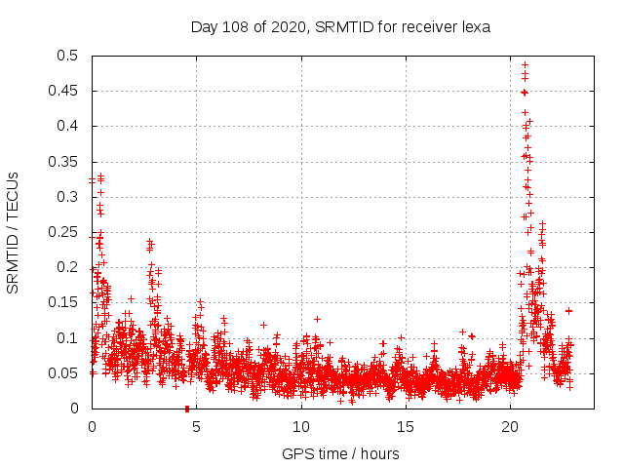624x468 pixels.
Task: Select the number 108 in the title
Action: tap(234, 26)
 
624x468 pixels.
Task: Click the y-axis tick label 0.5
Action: tap(69, 56)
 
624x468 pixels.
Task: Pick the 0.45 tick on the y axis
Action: tap(65, 91)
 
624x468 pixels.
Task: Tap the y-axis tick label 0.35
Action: tap(65, 162)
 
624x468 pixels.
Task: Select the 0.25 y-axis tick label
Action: tap(65, 232)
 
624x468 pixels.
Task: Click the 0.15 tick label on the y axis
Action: tap(65, 303)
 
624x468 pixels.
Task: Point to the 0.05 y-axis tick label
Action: tap(65, 373)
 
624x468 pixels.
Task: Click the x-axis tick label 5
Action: tap(196, 426)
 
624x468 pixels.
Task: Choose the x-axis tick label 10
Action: tap(301, 426)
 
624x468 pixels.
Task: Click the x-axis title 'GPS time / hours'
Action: tap(340, 453)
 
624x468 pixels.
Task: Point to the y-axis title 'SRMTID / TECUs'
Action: tap(13, 232)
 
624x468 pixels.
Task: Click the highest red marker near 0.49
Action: tap(525, 65)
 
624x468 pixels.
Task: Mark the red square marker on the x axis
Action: tap(186, 409)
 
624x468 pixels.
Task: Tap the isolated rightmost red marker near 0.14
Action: tap(568, 310)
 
